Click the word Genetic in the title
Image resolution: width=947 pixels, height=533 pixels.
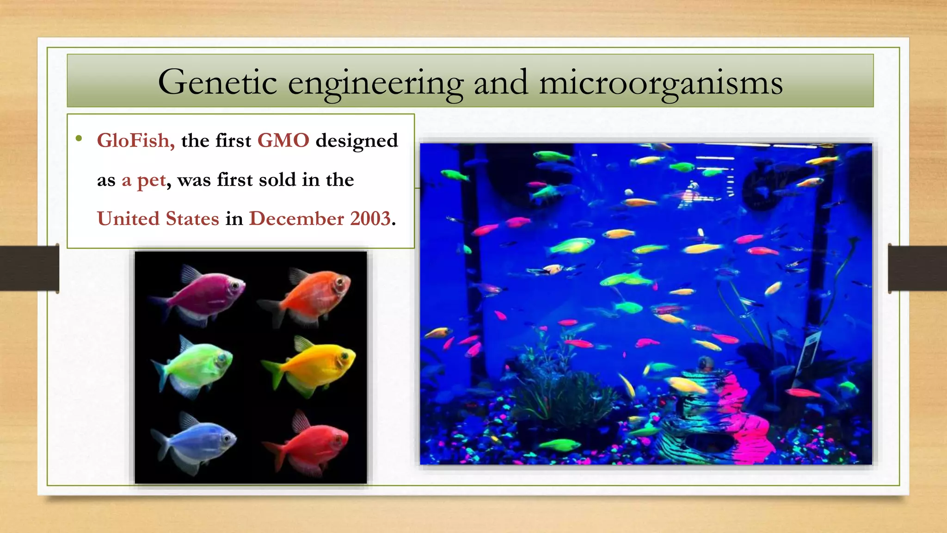tap(217, 82)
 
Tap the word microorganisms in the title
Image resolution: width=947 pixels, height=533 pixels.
tap(661, 82)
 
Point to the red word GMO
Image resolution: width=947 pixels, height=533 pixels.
tap(283, 140)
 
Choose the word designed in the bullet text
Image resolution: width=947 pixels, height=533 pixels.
tap(357, 141)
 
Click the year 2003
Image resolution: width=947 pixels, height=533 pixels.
tap(370, 218)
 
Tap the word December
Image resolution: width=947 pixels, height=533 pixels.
tap(296, 218)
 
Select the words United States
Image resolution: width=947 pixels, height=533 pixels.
tap(158, 218)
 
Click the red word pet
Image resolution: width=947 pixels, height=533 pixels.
tap(151, 180)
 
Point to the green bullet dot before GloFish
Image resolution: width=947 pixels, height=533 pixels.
tap(79, 138)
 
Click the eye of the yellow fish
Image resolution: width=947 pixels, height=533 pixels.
tap(344, 356)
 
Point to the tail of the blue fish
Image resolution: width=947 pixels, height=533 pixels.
tap(160, 442)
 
